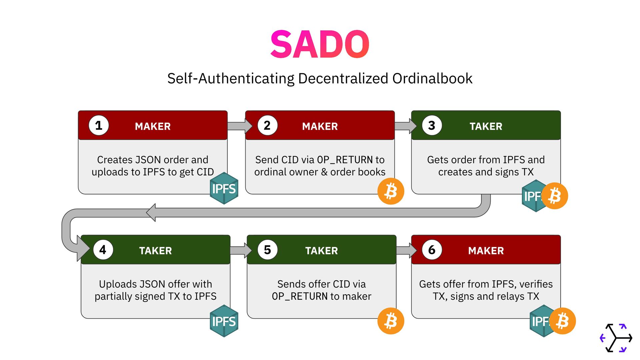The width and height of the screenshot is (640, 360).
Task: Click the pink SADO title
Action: pyautogui.click(x=320, y=44)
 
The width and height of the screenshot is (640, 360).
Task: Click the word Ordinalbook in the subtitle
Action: pyautogui.click(x=432, y=79)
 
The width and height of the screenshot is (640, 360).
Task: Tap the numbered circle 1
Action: pyautogui.click(x=99, y=125)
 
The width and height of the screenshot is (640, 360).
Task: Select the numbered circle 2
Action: pyautogui.click(x=267, y=125)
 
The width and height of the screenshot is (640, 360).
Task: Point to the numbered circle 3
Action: pyautogui.click(x=432, y=125)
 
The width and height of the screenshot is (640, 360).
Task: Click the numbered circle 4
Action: pyautogui.click(x=103, y=250)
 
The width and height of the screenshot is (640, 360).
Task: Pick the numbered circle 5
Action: pyautogui.click(x=267, y=250)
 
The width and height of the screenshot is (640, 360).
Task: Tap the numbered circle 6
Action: pyautogui.click(x=432, y=250)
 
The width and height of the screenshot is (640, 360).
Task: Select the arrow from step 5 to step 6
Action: pyautogui.click(x=406, y=250)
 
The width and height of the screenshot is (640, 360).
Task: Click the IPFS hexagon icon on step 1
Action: pyautogui.click(x=224, y=188)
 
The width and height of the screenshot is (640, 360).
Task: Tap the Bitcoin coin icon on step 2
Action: pyautogui.click(x=391, y=191)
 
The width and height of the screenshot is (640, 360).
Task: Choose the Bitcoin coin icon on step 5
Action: pyautogui.click(x=391, y=321)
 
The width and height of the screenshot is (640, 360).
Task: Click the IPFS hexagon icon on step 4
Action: pyautogui.click(x=224, y=321)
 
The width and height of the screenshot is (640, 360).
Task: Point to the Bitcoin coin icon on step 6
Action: pyautogui.click(x=563, y=321)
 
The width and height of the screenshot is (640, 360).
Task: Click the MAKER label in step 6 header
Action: pyautogui.click(x=486, y=251)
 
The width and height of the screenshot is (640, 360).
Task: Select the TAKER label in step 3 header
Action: pyautogui.click(x=486, y=126)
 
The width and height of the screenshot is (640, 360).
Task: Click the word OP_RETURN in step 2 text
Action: pyautogui.click(x=345, y=160)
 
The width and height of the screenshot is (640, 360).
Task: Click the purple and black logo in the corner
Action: pyautogui.click(x=616, y=338)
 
